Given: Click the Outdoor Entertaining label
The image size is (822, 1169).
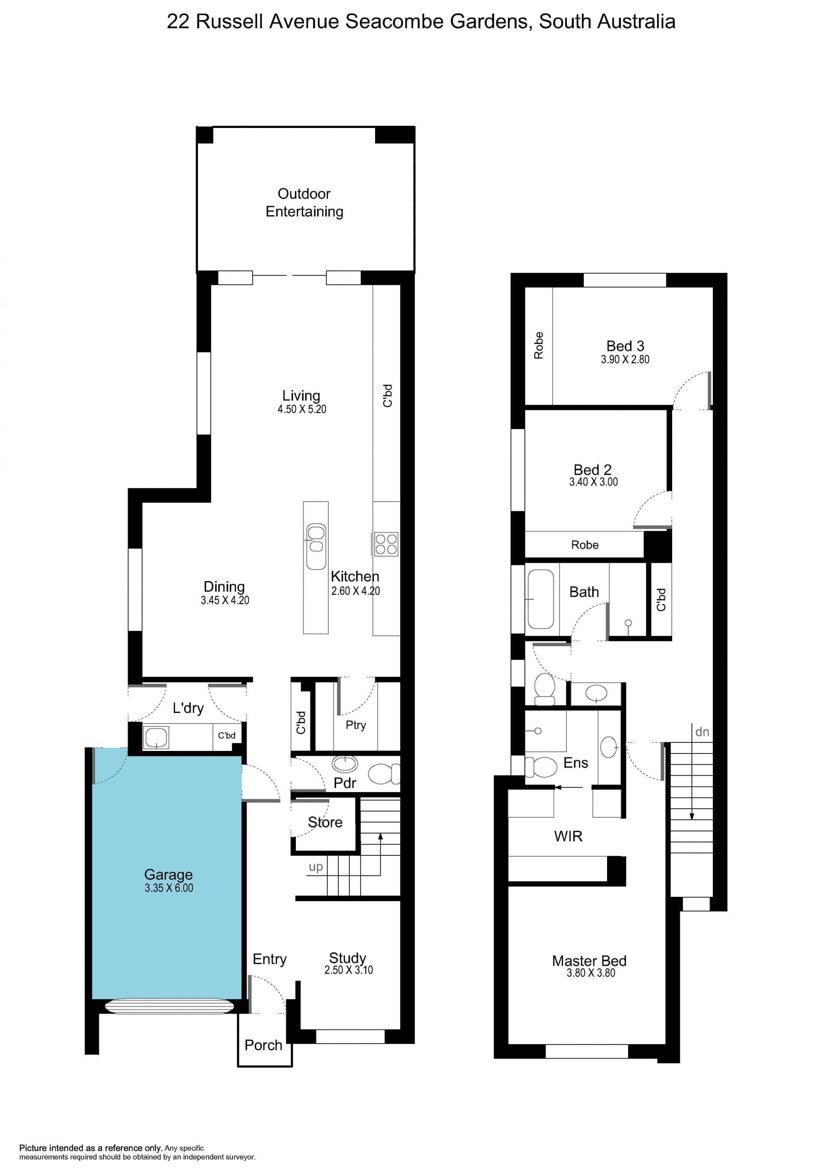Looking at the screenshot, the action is tap(304, 203).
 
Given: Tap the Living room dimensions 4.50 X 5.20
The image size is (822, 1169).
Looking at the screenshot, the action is tap(302, 409).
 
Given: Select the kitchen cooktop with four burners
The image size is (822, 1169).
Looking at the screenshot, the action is tap(386, 544).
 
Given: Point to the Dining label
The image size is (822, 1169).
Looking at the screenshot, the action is tap(224, 587).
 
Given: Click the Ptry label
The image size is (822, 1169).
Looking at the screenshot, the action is tap(355, 725).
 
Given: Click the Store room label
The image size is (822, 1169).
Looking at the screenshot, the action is tap(325, 822).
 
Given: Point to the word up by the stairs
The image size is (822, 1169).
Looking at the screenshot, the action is tap(316, 867).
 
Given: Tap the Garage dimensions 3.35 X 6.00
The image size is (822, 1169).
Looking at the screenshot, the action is tap(169, 888).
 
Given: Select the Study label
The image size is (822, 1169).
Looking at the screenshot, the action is tap(347, 958).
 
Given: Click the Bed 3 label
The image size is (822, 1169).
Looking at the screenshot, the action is tap(625, 346).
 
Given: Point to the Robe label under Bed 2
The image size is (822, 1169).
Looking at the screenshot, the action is tap(585, 545).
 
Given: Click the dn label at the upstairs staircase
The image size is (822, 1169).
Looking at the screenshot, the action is tap(702, 732).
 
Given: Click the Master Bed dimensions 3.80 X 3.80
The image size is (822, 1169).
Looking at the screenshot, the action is tap(591, 973).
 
